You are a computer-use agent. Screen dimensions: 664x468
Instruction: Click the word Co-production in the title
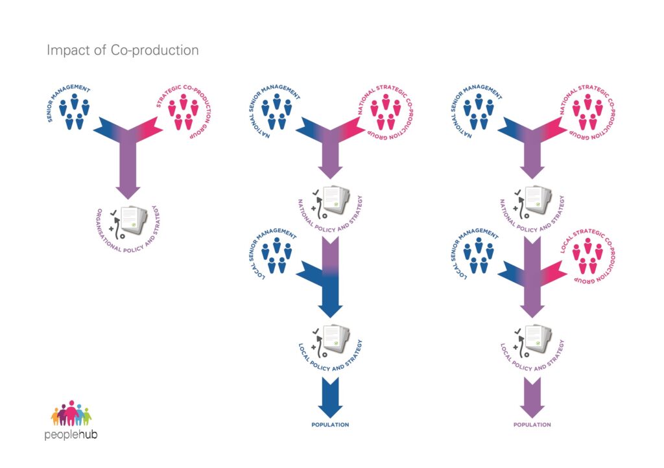click(154, 51)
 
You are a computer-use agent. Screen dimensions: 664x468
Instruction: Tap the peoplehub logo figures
click(71, 414)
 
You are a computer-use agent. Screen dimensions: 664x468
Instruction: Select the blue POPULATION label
click(330, 425)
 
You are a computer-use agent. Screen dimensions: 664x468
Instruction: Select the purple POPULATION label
click(532, 425)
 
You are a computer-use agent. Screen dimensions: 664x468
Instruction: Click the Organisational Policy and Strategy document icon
click(134, 220)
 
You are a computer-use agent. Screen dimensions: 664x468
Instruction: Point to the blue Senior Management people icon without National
click(74, 111)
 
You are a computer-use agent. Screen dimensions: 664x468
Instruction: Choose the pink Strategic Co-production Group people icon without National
click(183, 111)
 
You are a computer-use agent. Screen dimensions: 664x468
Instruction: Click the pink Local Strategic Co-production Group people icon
click(587, 255)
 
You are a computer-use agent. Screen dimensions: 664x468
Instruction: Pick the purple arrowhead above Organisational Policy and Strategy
click(128, 191)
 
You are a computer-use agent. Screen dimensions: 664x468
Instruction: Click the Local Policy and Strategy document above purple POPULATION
click(538, 339)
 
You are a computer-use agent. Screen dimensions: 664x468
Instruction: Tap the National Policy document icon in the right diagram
click(538, 200)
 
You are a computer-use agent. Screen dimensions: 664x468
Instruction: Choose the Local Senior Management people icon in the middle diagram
click(276, 255)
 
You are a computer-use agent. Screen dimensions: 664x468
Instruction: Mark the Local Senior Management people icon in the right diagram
click(478, 255)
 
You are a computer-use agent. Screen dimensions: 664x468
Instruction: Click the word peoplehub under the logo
click(71, 435)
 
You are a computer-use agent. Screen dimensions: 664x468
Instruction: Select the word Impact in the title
click(69, 51)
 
